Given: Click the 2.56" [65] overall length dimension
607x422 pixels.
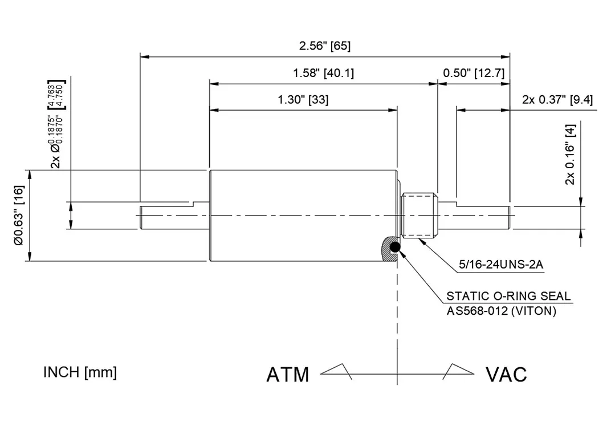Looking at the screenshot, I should click(325, 46).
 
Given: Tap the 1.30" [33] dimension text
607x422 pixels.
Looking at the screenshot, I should click(303, 100).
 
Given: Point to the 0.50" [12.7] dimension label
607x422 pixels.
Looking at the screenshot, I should click(474, 73).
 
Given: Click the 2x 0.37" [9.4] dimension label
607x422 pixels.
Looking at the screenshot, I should click(557, 100).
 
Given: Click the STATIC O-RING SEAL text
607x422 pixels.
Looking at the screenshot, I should click(508, 296).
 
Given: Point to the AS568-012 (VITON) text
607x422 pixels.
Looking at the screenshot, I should click(501, 311).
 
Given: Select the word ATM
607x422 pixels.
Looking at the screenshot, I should click(288, 375).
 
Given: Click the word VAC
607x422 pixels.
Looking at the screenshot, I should click(506, 375).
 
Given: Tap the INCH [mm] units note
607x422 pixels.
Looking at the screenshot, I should click(80, 372).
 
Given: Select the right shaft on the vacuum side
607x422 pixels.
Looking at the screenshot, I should click(482, 216).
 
